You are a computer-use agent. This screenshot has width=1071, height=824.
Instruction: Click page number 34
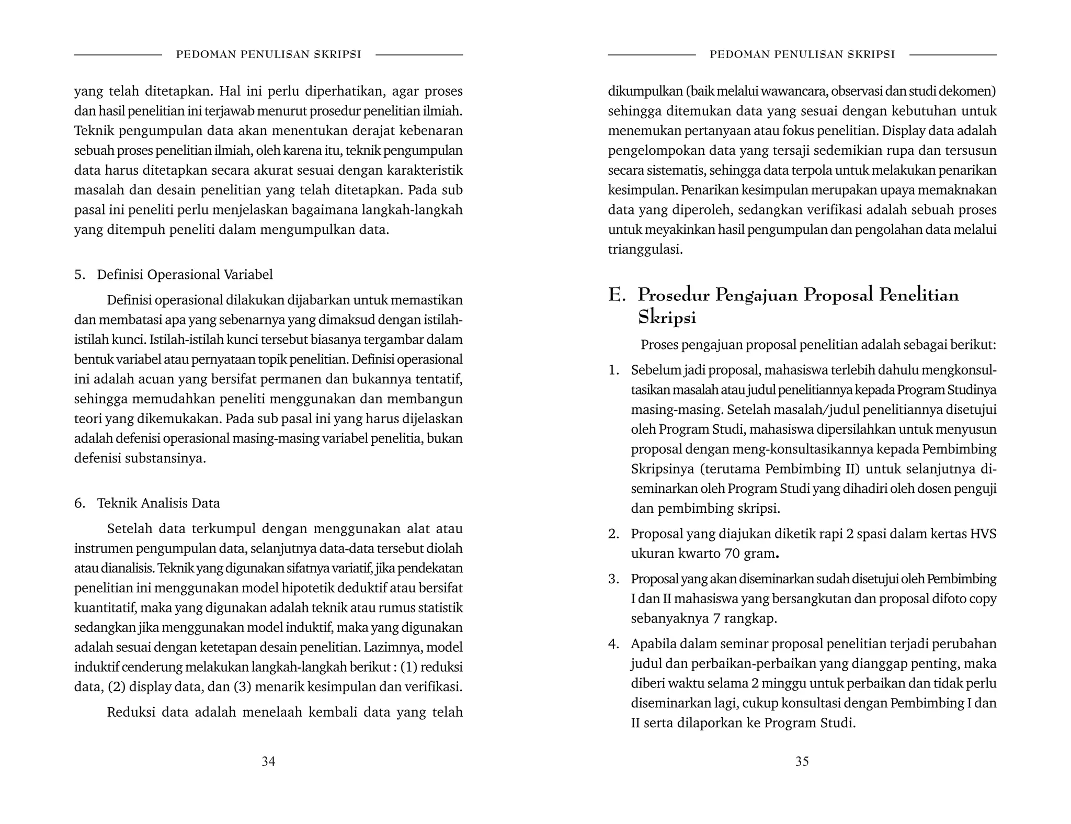[268, 761]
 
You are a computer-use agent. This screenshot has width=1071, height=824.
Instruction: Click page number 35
[802, 761]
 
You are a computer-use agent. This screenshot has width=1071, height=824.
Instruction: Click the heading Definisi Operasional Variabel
[185, 275]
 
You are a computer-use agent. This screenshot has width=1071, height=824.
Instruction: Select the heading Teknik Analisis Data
[158, 503]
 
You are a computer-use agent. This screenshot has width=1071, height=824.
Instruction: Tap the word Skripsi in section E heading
[667, 318]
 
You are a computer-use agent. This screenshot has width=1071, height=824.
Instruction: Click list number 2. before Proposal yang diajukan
[613, 534]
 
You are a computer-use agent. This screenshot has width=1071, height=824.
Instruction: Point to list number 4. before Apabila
[613, 644]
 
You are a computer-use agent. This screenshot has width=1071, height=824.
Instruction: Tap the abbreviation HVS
[983, 534]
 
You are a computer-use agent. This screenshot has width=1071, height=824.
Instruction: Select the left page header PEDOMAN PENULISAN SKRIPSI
[268, 54]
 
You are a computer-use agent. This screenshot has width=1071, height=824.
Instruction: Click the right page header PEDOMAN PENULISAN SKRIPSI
[802, 54]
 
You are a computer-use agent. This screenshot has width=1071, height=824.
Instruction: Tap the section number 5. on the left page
[79, 275]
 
